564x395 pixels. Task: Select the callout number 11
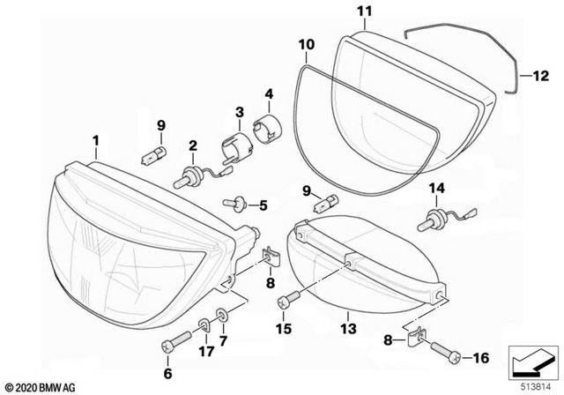coord(364,11)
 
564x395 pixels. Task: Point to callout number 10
coord(306,43)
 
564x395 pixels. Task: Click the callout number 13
coord(347,329)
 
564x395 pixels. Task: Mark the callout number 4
coord(269,92)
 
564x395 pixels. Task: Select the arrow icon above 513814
coord(531,361)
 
